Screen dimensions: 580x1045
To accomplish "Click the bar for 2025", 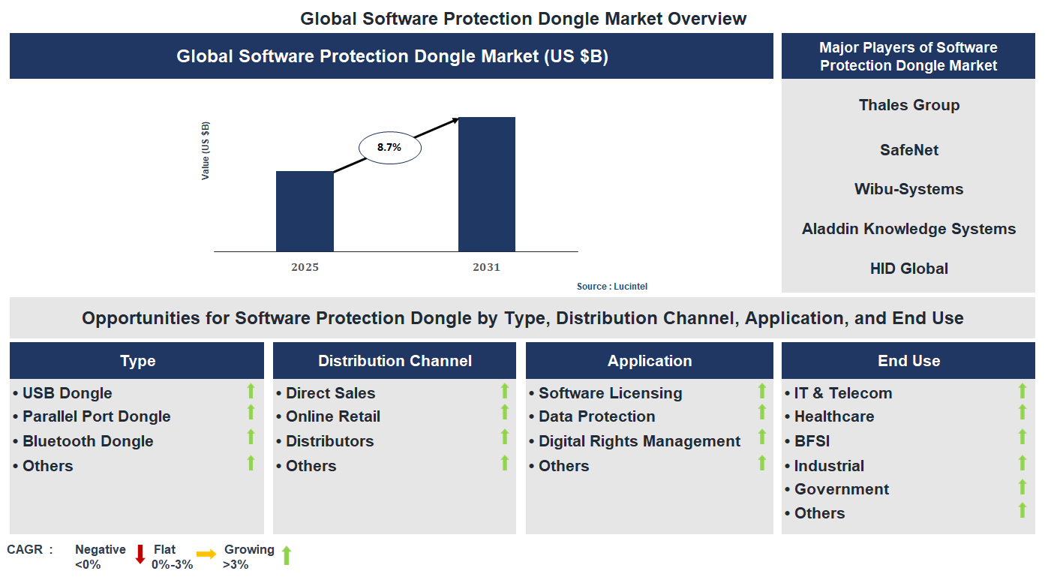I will pyautogui.click(x=305, y=212).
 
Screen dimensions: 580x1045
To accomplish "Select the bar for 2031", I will pyautogui.click(x=486, y=185).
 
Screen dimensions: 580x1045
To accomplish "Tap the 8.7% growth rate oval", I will pyautogui.click(x=389, y=148).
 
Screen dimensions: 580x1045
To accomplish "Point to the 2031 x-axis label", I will pyautogui.click(x=486, y=267).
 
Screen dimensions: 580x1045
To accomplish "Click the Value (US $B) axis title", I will pyautogui.click(x=206, y=151).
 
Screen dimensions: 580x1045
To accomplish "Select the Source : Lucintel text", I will pyautogui.click(x=611, y=287).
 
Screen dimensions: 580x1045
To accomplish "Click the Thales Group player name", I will pyautogui.click(x=908, y=105).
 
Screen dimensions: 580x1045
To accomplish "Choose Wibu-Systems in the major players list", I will pyautogui.click(x=908, y=189).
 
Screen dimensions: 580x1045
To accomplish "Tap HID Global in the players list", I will pyautogui.click(x=908, y=269).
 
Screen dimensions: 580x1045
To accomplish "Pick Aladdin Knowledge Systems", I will pyautogui.click(x=908, y=229).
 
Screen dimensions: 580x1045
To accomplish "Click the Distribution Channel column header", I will pyautogui.click(x=395, y=361).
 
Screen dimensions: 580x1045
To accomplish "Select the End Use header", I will pyautogui.click(x=908, y=361).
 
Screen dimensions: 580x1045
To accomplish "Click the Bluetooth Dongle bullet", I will pyautogui.click(x=87, y=441).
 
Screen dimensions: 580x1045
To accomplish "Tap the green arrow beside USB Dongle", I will pyautogui.click(x=251, y=390).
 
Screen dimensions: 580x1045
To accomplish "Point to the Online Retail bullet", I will pyautogui.click(x=332, y=416).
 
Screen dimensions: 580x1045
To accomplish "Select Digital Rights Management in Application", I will pyautogui.click(x=639, y=441).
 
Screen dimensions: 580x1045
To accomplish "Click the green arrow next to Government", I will pyautogui.click(x=1022, y=488).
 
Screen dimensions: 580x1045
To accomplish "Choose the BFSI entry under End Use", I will pyautogui.click(x=812, y=441).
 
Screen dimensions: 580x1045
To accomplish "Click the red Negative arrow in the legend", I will pyautogui.click(x=140, y=554).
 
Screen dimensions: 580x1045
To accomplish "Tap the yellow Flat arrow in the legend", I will pyautogui.click(x=206, y=554).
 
